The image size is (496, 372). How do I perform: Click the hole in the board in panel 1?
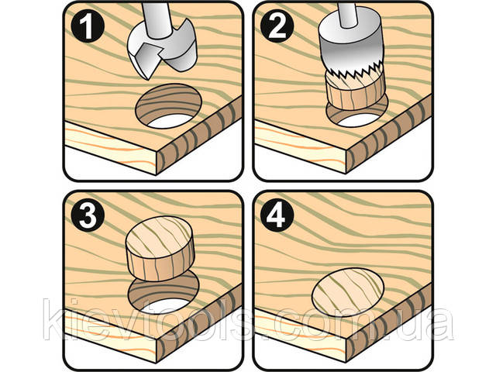click(169, 106)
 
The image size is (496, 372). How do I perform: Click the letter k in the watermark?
click(53, 319)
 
